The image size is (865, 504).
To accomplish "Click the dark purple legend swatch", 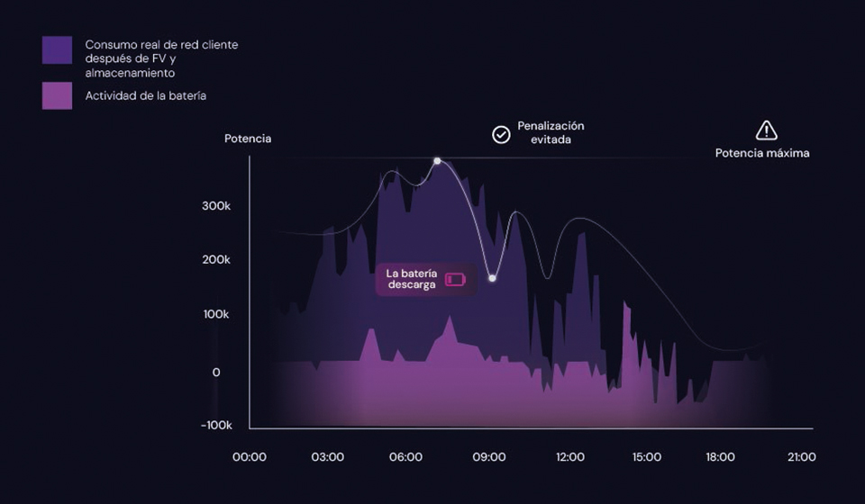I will pos(57,50).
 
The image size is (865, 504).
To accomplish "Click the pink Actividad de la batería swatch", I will pos(57,95).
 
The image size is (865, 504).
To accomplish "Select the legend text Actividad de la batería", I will pos(146,95).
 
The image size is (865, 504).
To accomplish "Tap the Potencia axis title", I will pos(248,139).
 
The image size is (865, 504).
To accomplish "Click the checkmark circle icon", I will pos(501,134).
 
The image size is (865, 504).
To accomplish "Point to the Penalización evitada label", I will pos(551,133).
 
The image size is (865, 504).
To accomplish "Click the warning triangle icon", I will pos(766,130).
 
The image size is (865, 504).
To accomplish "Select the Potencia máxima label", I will pos(762,153).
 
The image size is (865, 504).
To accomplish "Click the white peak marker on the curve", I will pos(437,161).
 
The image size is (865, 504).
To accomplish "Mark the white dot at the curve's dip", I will pos(492,278).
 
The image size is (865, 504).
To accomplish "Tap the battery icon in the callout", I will pos(456,279).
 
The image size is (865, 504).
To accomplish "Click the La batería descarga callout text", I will pos(411,278).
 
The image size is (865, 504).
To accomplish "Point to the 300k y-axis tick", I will pos(216,206).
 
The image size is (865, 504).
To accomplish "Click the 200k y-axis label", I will pos(216,260).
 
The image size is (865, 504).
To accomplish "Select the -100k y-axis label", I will pos(216,425).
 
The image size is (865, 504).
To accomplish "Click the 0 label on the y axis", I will pos(216,372).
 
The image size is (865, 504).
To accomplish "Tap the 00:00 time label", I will pos(250,457).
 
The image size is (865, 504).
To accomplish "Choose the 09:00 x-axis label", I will pos(489,457).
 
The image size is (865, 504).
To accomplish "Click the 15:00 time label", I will pos(647,457).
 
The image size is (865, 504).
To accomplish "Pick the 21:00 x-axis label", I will pos(801,457).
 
